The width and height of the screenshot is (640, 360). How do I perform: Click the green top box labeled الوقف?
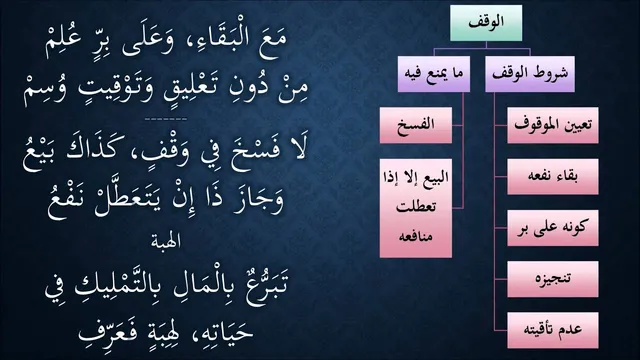(x=486, y=23)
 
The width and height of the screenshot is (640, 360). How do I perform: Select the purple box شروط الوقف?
(x=530, y=74)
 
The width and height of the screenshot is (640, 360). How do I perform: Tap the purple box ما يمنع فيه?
(x=434, y=74)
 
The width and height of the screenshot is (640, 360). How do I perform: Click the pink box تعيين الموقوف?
(x=553, y=125)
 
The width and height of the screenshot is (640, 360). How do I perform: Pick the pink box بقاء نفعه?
(x=553, y=177)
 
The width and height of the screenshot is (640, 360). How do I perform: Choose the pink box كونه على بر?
(x=553, y=228)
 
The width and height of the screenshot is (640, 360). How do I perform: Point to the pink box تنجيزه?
(x=553, y=279)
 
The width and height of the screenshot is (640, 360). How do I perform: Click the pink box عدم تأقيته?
(x=553, y=330)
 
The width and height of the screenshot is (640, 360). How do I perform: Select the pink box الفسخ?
(x=416, y=125)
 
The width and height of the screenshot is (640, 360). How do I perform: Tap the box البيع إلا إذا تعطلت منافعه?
(x=416, y=208)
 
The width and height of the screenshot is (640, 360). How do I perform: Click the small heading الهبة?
(x=166, y=242)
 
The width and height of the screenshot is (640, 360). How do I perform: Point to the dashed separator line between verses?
(x=166, y=120)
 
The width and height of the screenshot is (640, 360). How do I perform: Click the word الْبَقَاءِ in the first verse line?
(x=214, y=41)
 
